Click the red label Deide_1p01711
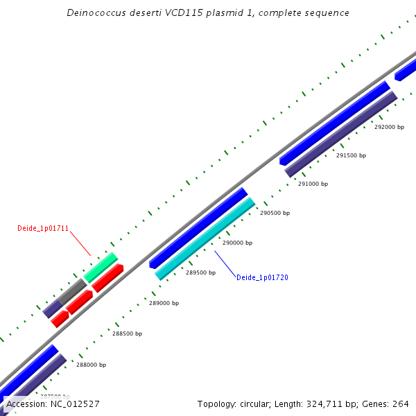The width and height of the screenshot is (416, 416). tap(43, 228)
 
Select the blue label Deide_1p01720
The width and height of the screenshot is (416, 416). tap(262, 277)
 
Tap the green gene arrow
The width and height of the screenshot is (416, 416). tap(101, 268)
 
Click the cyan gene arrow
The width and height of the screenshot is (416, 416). tap(205, 239)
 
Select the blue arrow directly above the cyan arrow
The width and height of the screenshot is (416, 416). tap(198, 227)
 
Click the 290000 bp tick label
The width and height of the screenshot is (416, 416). tap(237, 243)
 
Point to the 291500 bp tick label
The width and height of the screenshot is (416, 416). tap(351, 156)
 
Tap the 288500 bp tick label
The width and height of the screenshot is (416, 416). tap(127, 334)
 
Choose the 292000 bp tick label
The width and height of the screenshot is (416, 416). tap(389, 128)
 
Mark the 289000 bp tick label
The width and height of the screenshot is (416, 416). tap(164, 304)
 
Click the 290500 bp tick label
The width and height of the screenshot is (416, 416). tap(275, 214)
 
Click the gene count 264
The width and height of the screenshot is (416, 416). tap(401, 404)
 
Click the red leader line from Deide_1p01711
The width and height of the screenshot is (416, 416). tap(80, 244)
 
